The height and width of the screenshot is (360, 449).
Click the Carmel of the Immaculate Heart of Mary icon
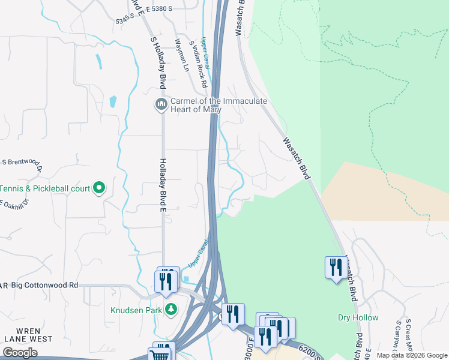[x=161, y=105]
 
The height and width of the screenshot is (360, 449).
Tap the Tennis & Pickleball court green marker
[x=100, y=188]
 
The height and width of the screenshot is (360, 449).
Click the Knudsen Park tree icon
[x=172, y=310]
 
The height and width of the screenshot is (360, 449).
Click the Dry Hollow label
[x=358, y=317]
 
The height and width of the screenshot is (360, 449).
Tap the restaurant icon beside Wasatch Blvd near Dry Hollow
[x=334, y=267]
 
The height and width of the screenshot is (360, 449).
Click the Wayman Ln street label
[x=181, y=56]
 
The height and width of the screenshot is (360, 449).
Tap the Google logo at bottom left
[x=20, y=353]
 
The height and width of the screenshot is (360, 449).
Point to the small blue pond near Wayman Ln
[x=113, y=101]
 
